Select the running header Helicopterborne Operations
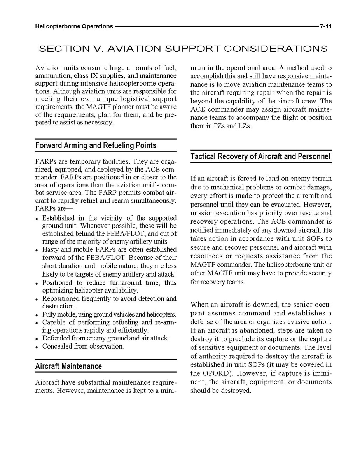(74, 27)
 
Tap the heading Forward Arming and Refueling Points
(96, 145)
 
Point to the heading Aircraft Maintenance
(68, 366)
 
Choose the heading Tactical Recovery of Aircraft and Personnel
(260, 156)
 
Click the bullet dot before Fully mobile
(37, 315)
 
